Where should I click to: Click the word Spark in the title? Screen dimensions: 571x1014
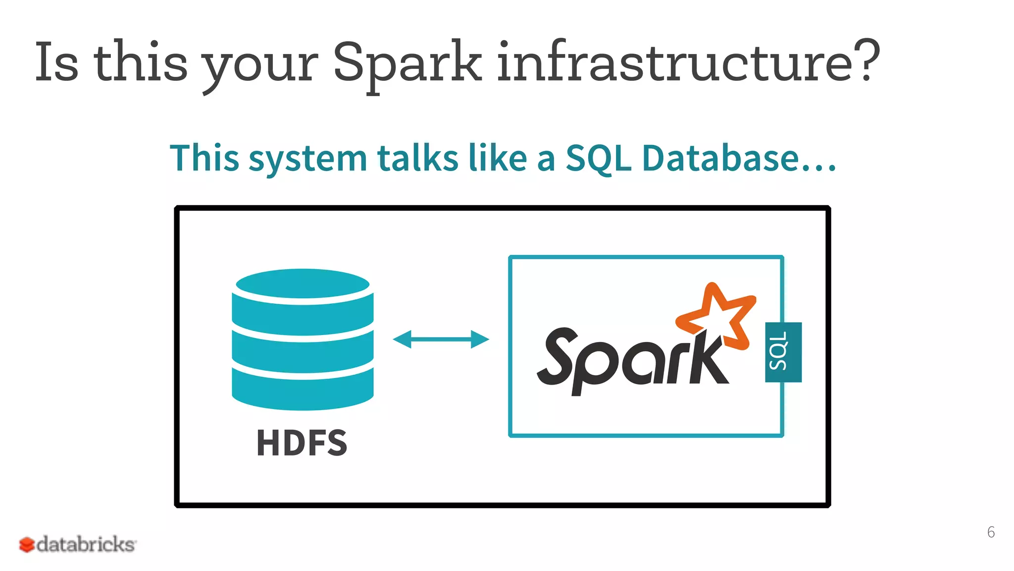click(x=407, y=62)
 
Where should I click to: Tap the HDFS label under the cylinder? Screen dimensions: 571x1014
click(x=302, y=443)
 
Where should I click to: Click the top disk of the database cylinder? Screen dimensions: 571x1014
click(x=303, y=284)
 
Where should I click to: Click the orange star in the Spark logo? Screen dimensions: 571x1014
click(x=718, y=315)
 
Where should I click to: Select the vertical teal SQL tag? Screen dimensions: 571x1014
click(x=783, y=352)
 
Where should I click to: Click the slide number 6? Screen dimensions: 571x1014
click(x=991, y=532)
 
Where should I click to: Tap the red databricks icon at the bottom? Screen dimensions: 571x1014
click(x=27, y=545)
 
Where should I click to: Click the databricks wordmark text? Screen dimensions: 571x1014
click(x=86, y=544)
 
